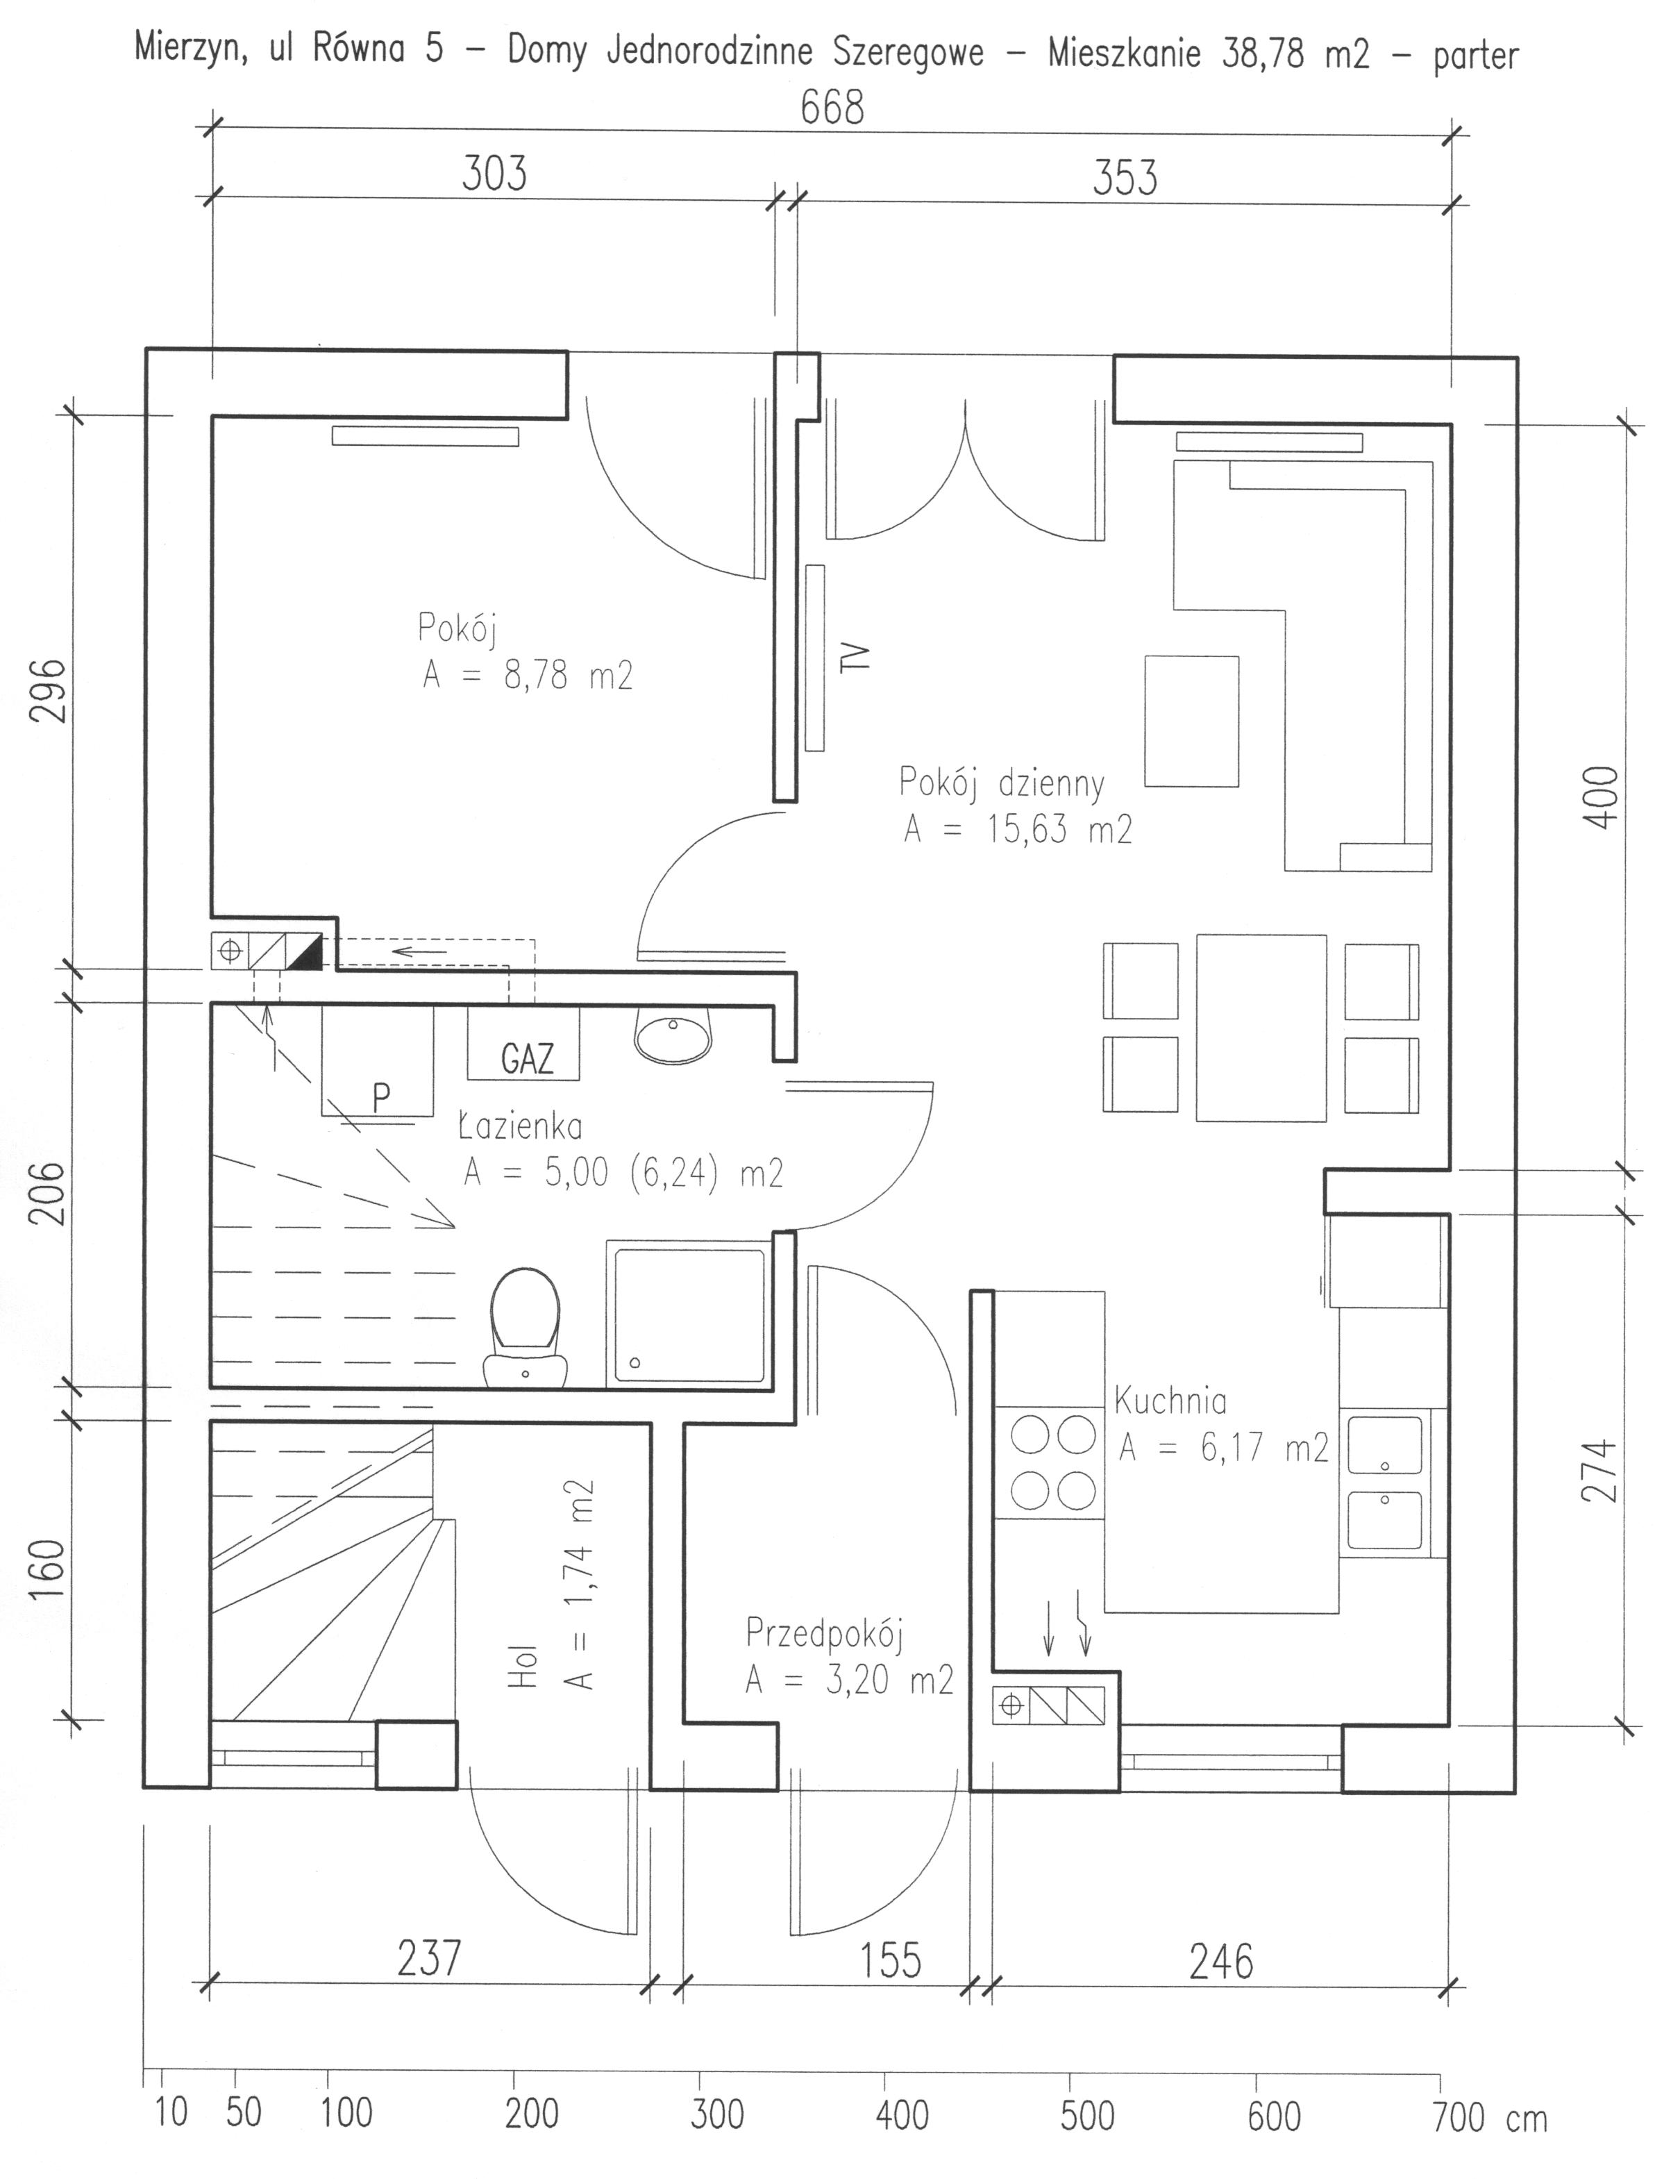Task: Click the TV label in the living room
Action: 858,656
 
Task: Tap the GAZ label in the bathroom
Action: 527,1059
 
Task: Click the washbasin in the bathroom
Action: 673,1035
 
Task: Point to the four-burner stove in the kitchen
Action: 1049,1463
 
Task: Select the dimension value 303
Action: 494,174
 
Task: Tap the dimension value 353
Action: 1125,178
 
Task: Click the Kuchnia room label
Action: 1170,1400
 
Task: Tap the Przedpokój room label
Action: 825,1633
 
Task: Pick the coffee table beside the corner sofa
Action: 1191,721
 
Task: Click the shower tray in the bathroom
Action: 689,1314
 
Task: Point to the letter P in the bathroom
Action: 381,1096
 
